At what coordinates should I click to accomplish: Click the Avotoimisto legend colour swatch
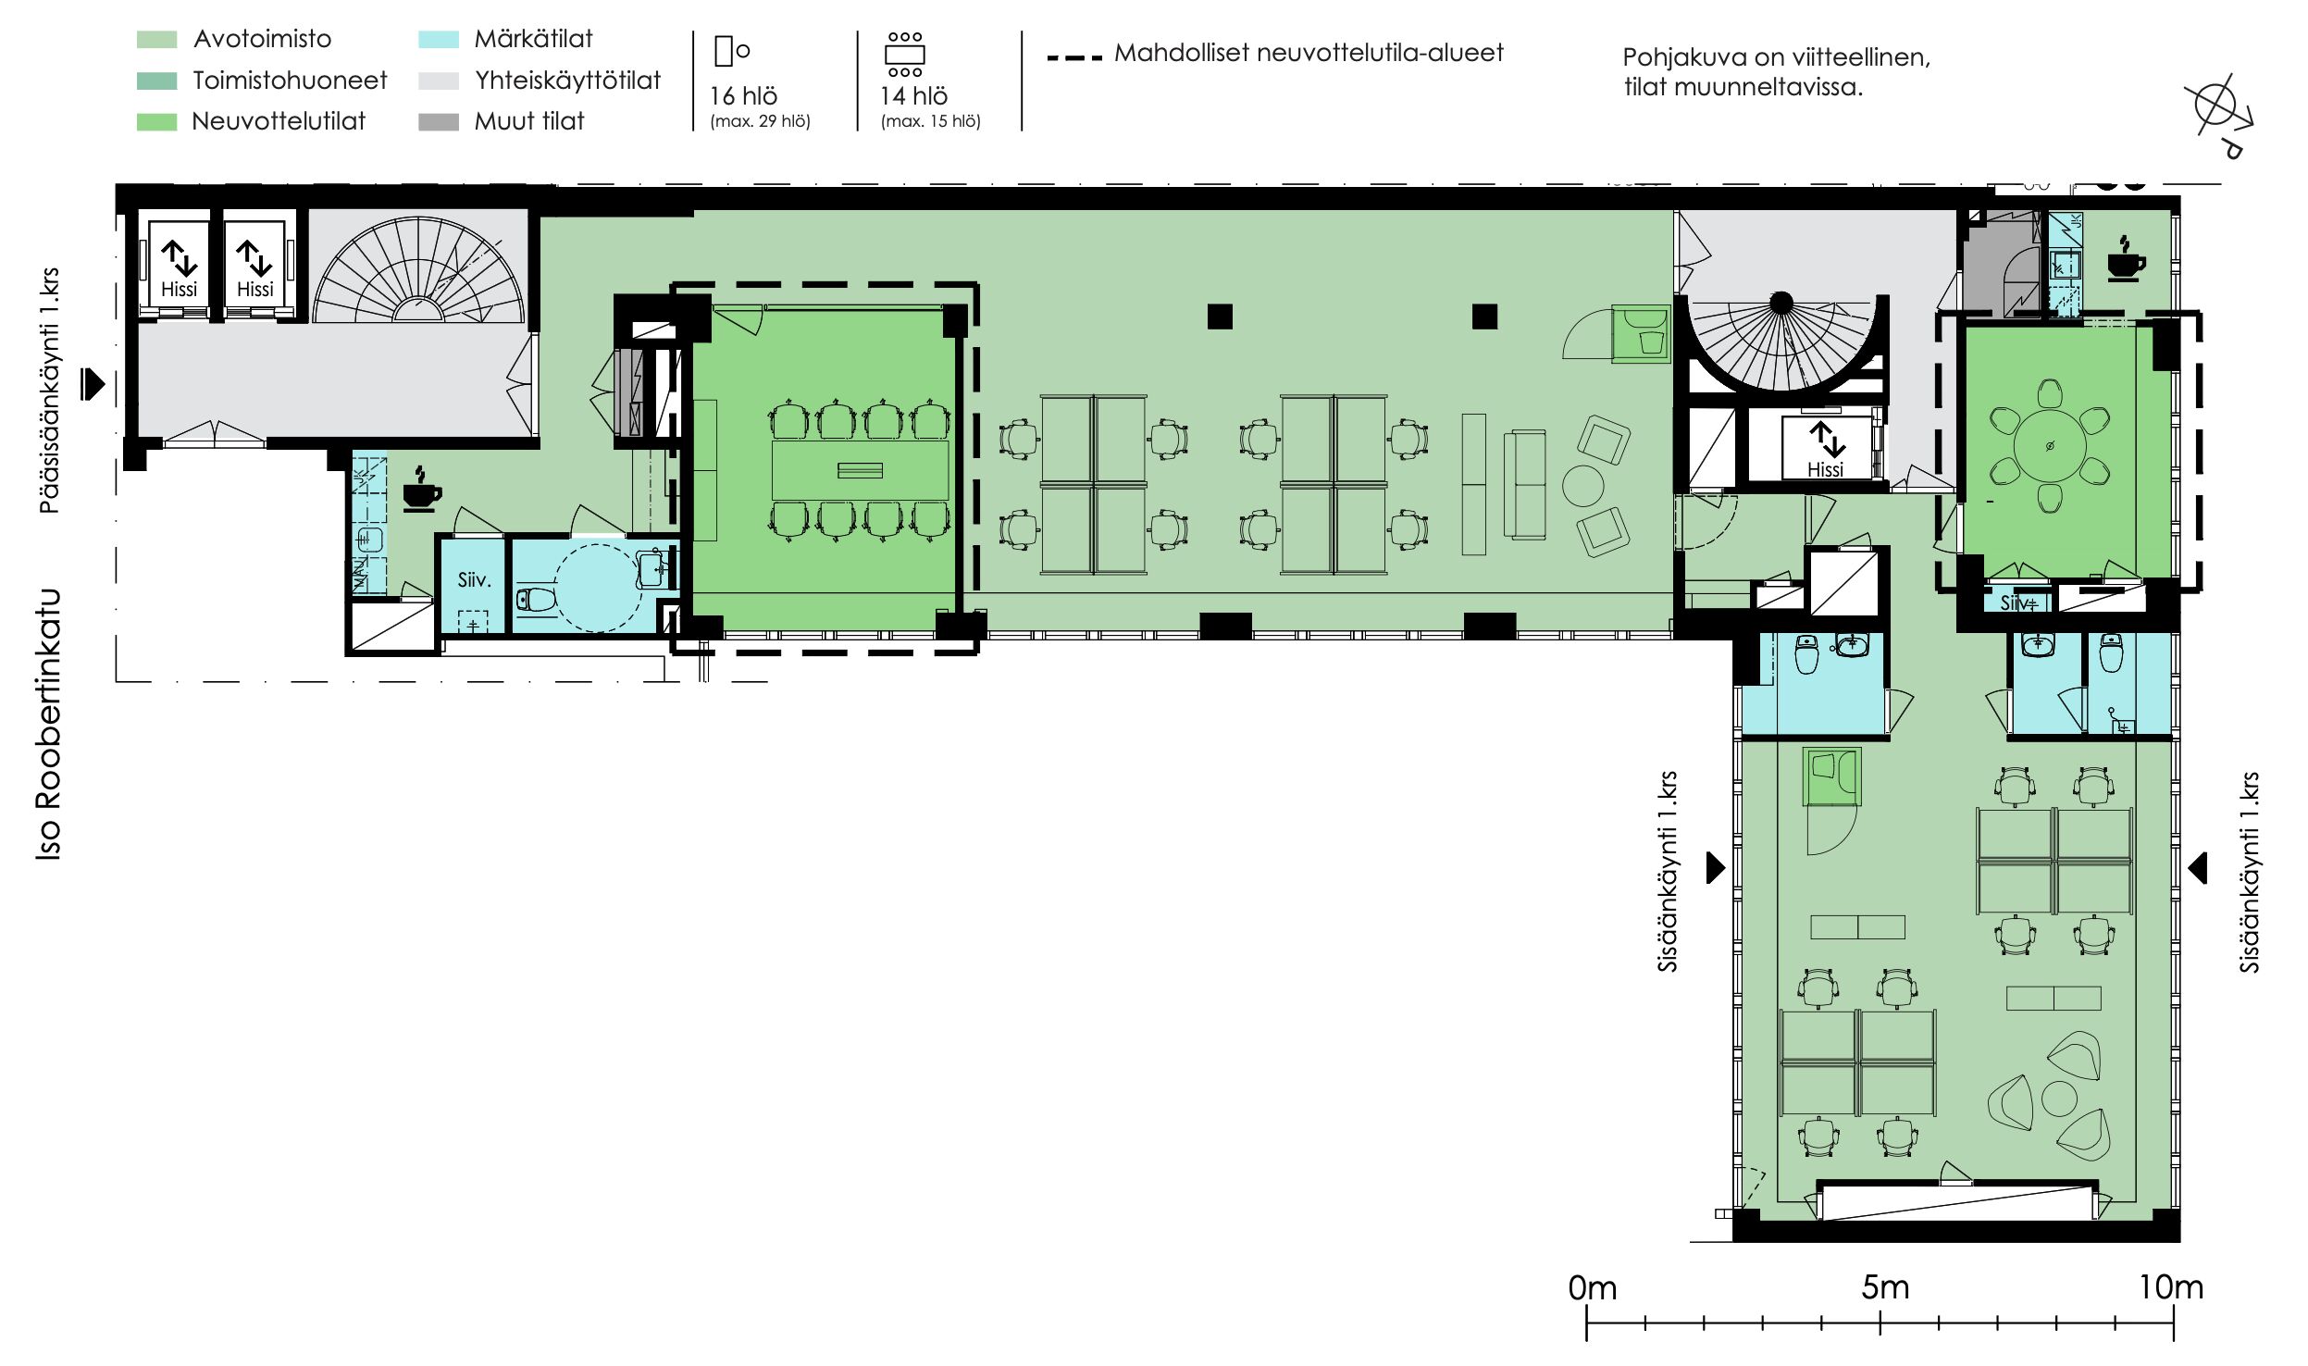pos(156,40)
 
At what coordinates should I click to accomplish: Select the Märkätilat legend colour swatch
pos(439,40)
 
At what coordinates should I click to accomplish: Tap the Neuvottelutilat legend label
pos(279,121)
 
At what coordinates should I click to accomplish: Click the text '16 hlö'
pos(743,96)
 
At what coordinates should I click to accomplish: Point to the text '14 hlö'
pos(913,96)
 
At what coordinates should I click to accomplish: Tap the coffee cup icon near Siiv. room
pos(421,489)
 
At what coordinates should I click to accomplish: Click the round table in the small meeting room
pos(2050,446)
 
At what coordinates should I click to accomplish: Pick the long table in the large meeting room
pos(860,470)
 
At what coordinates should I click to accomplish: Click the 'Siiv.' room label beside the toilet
pos(474,580)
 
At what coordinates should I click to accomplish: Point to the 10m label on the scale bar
pos(2170,1287)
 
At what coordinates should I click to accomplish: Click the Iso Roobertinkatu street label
pos(49,725)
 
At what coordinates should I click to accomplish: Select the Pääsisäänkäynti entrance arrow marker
pos(93,383)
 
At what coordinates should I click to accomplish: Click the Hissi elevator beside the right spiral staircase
pos(1825,449)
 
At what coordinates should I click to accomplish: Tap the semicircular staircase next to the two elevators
pos(419,269)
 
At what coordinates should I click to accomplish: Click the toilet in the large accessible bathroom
pos(536,600)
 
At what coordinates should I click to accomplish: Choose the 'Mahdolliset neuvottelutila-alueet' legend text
pos(1309,53)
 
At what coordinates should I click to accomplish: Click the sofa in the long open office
pos(1524,484)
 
